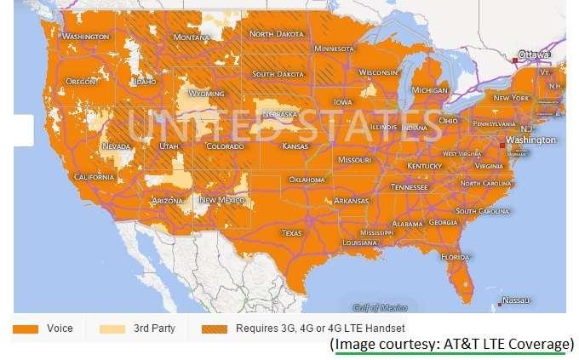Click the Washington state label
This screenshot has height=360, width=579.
(86, 37)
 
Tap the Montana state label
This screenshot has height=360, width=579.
(192, 38)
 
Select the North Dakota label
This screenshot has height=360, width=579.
(277, 34)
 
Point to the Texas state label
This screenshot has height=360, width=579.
(292, 232)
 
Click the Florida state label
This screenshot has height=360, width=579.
(456, 257)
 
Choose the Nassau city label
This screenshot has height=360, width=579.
(516, 300)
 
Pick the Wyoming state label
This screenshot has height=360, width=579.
(206, 94)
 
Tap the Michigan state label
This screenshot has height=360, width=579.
(429, 89)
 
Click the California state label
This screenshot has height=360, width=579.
(94, 177)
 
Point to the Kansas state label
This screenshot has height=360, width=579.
(295, 146)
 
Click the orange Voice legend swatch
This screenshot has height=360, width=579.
(27, 329)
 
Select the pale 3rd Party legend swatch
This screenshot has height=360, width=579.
(112, 329)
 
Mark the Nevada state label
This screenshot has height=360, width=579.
(116, 146)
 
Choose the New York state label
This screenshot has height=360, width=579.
(512, 98)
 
